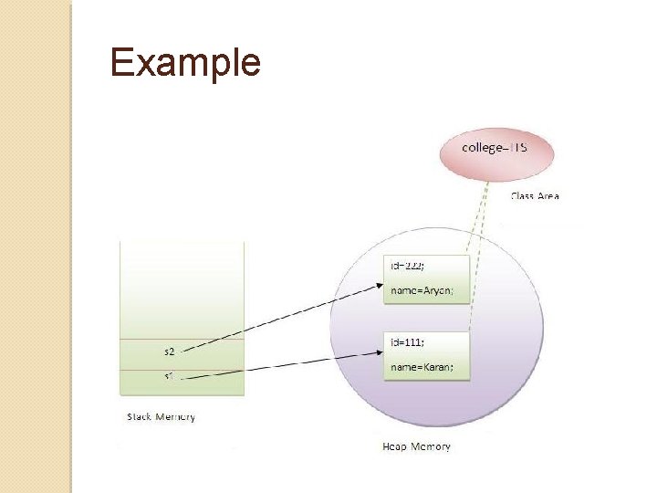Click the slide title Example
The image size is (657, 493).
[185, 63]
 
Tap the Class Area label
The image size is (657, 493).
[535, 195]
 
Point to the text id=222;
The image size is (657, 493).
[412, 265]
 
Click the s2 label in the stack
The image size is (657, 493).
[169, 351]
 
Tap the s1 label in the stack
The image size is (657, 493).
[169, 375]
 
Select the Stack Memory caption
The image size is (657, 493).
[161, 416]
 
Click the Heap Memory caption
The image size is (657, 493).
[416, 446]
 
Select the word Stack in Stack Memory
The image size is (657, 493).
[140, 416]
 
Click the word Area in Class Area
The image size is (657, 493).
[549, 195]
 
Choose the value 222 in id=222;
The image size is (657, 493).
[419, 265]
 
